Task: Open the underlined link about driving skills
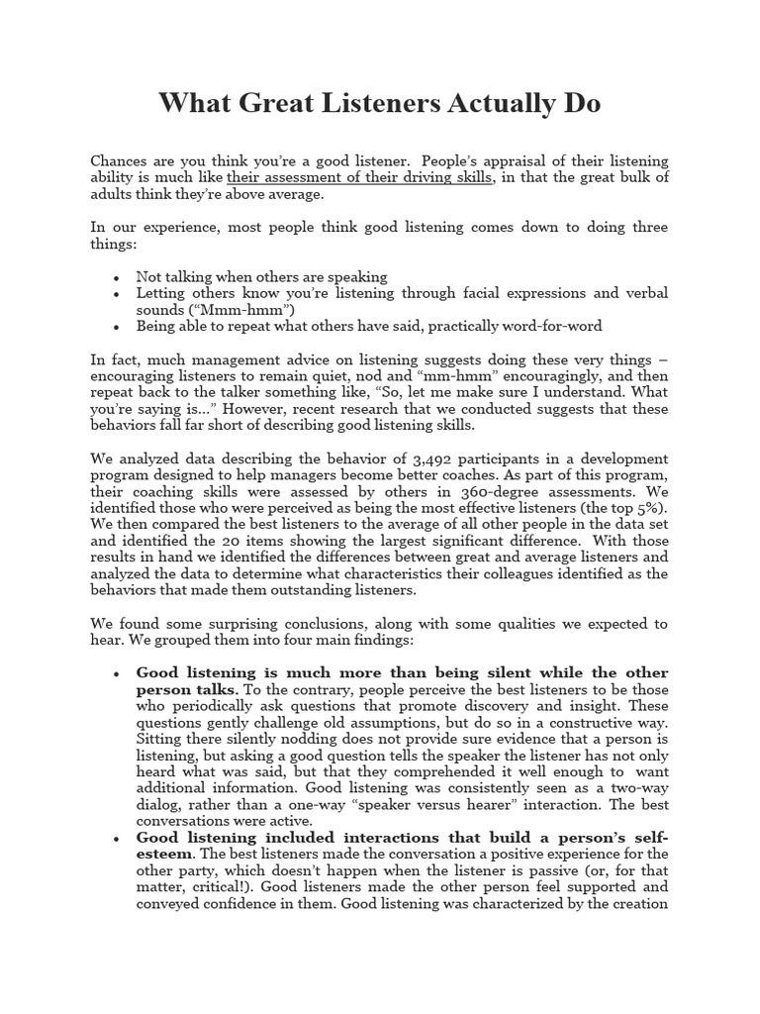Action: click(x=359, y=177)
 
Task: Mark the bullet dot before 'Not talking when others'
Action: click(x=118, y=278)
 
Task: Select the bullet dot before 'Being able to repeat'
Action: click(x=118, y=326)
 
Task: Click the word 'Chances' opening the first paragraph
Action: click(x=119, y=160)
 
